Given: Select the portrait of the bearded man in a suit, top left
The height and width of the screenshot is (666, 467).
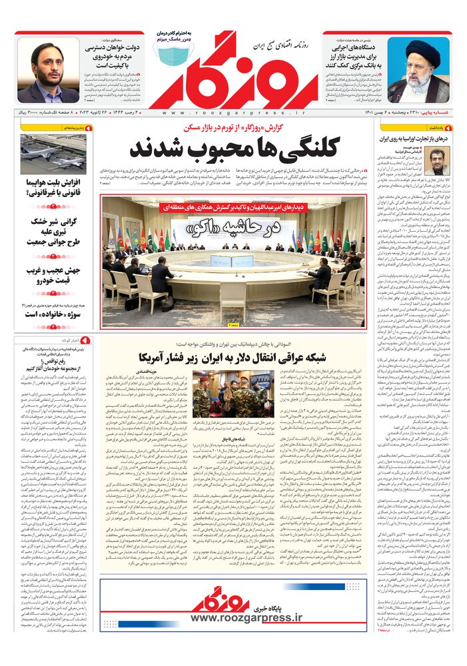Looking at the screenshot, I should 49,71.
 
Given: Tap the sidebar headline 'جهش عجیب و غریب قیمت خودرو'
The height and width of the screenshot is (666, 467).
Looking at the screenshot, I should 54,276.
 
